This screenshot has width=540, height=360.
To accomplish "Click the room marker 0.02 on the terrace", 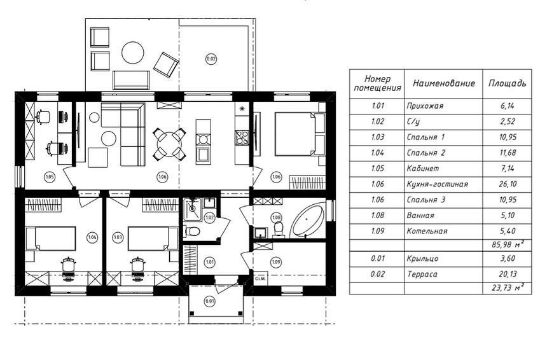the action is pyautogui.click(x=211, y=59).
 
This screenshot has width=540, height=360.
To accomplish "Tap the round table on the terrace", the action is pyautogui.click(x=133, y=52).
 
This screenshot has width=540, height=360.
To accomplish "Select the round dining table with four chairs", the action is pyautogui.click(x=169, y=144).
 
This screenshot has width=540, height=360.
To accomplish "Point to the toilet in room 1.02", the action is pyautogui.click(x=192, y=231).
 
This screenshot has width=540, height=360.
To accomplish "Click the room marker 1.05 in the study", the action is pyautogui.click(x=50, y=177).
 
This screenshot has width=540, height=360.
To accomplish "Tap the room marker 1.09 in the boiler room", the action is pyautogui.click(x=276, y=262).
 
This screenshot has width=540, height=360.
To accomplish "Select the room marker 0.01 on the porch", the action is pyautogui.click(x=210, y=301).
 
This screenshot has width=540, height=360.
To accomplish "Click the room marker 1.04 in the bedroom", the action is pyautogui.click(x=92, y=237).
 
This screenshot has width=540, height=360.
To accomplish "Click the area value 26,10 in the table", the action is pyautogui.click(x=508, y=184).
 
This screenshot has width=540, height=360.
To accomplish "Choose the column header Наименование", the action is pyautogui.click(x=443, y=83).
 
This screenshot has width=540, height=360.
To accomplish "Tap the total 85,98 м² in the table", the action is pyautogui.click(x=508, y=245).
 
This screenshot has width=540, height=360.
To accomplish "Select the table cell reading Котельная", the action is pyautogui.click(x=427, y=231).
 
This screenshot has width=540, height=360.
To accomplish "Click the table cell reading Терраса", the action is pyautogui.click(x=422, y=274).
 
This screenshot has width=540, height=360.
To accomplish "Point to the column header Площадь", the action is pyautogui.click(x=508, y=83).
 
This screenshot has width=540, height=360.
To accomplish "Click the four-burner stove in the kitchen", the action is pyautogui.click(x=242, y=137).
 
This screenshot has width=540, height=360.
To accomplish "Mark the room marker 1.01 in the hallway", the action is pyautogui.click(x=210, y=262).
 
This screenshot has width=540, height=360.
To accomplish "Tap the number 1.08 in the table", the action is pyautogui.click(x=377, y=216).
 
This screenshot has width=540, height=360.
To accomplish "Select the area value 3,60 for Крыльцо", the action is pyautogui.click(x=508, y=258).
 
